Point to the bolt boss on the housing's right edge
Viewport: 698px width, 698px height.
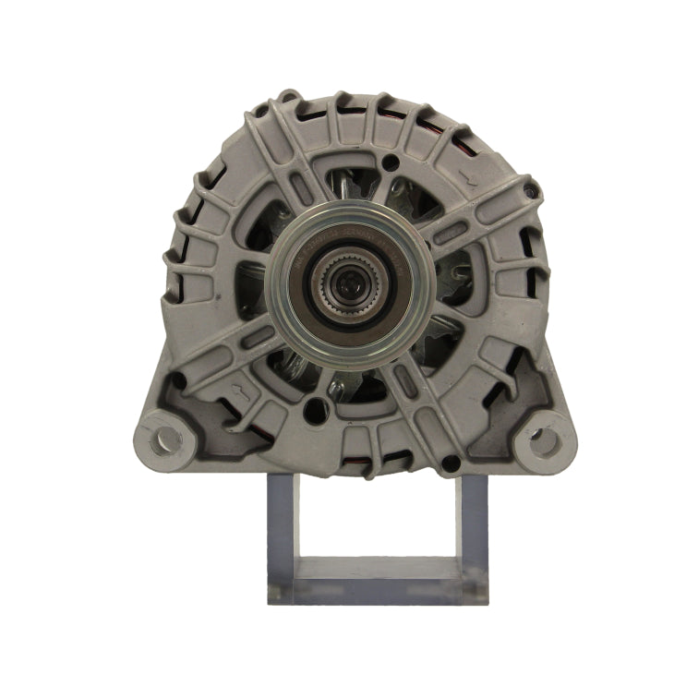coord(530,191)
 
